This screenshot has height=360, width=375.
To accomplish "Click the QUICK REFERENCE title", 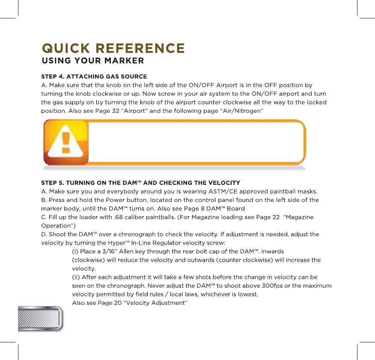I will tap(113, 48).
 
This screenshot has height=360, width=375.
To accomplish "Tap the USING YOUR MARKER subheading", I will tap(92, 60).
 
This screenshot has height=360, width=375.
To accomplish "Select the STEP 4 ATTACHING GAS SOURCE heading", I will tap(94, 76).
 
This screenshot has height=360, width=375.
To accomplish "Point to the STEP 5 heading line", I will tap(140, 183).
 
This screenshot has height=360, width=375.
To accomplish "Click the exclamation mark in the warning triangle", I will tap(65, 143).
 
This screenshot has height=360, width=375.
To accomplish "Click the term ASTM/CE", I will tap(222, 191).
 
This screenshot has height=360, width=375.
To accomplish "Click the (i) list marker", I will tap(74, 252).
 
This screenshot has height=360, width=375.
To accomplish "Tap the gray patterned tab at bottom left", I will tap(40, 318).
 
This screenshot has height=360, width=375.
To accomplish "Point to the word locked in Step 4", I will tap(317, 102).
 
